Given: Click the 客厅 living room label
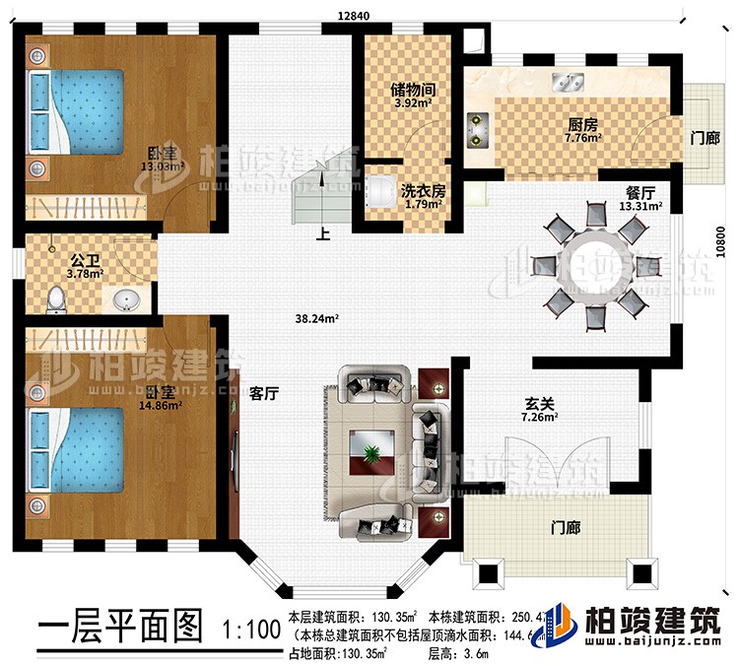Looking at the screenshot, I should [263, 392].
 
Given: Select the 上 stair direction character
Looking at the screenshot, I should [322, 236].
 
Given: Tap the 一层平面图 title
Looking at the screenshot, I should [118, 627].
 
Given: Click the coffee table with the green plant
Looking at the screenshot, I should [373, 452].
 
